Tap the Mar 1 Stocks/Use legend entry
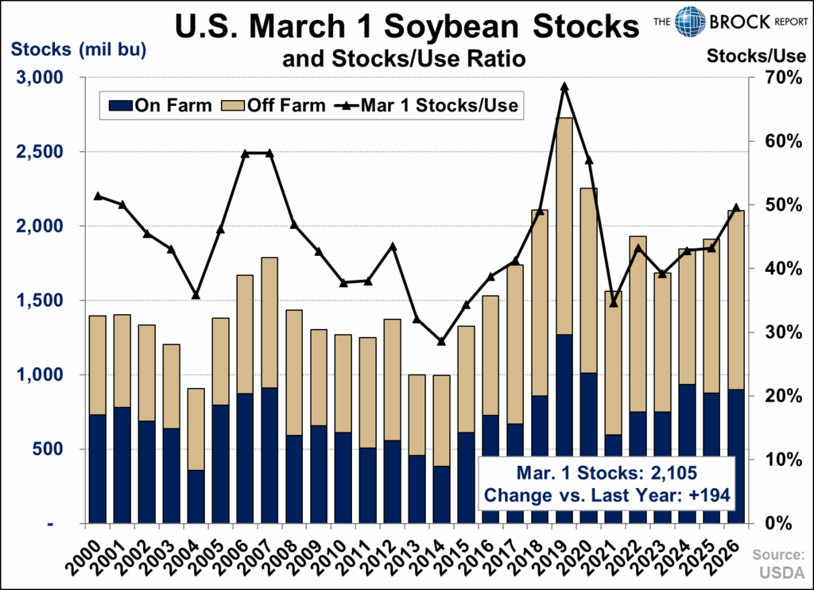(x=430, y=105)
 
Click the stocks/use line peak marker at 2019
(x=564, y=87)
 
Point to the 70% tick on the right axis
(x=772, y=78)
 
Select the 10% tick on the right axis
(x=772, y=460)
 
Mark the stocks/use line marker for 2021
(x=613, y=303)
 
